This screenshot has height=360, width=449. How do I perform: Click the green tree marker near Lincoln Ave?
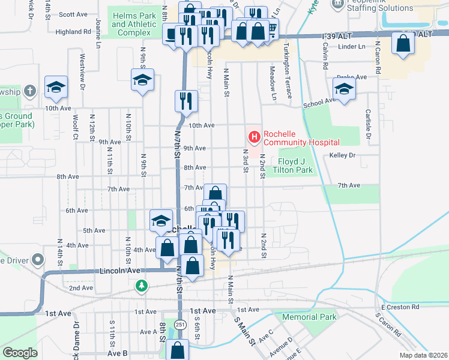pos(141,286)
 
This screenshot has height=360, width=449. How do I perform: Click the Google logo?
pos(20,353)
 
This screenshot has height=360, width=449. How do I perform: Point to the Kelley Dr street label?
pos(343,155)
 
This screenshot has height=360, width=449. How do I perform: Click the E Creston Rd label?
pos(400,307)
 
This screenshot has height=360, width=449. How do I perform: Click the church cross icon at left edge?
pos(31,91)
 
